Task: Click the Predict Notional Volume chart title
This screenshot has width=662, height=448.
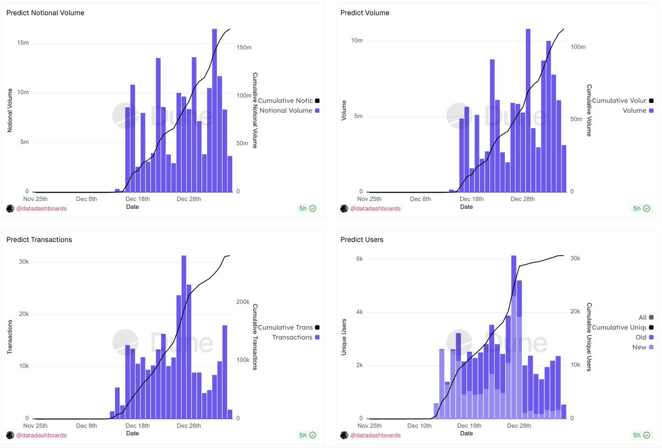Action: click(45, 13)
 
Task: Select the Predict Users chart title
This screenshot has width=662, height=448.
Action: click(362, 240)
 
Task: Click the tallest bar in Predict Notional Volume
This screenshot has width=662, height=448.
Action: click(215, 110)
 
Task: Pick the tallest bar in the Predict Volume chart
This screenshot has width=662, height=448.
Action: click(528, 110)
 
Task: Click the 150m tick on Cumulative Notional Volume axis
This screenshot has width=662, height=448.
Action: click(244, 48)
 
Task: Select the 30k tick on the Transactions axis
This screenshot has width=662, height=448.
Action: click(23, 262)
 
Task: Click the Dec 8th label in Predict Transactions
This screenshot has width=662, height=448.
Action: click(87, 426)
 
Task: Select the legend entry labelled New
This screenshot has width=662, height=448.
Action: click(640, 347)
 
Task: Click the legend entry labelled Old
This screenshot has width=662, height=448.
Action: click(641, 337)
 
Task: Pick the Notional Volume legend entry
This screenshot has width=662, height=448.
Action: click(286, 111)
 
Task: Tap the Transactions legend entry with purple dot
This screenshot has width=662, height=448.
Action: click(292, 338)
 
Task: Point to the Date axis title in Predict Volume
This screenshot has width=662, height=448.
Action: click(466, 207)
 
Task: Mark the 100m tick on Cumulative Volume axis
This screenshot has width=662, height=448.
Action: click(577, 48)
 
